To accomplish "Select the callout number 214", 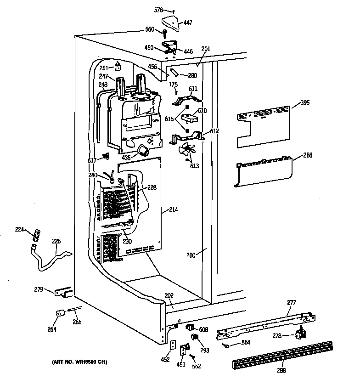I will click(x=173, y=209).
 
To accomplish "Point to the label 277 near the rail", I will click(x=292, y=302).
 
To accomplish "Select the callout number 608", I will click(x=204, y=329).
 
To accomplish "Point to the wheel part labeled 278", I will click(x=300, y=335).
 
